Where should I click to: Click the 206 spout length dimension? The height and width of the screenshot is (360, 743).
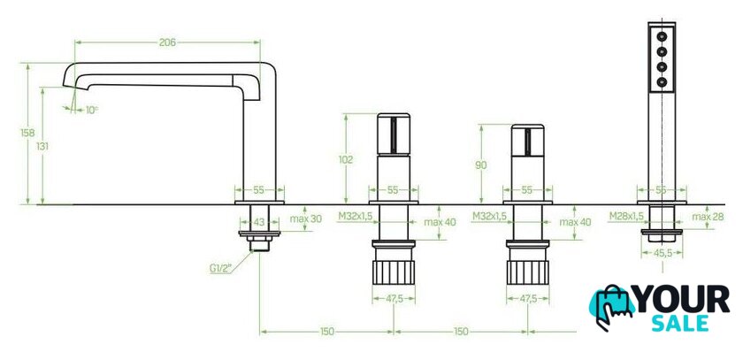pos(167,42)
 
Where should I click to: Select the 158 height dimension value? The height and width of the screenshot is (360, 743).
pos(27,133)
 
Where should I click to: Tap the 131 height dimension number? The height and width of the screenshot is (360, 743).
pos(42,147)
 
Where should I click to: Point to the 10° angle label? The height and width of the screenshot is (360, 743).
pos(91,110)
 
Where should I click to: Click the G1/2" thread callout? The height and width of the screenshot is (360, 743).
pos(220,269)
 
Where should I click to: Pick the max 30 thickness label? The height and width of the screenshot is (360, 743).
pos(306,218)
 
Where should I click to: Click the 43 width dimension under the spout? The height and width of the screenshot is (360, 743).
pos(258,222)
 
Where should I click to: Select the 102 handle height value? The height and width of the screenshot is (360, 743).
pos(346,160)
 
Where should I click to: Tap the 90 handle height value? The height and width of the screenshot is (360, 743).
pos(480,165)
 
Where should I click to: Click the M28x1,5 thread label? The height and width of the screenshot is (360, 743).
pos(626,217)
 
